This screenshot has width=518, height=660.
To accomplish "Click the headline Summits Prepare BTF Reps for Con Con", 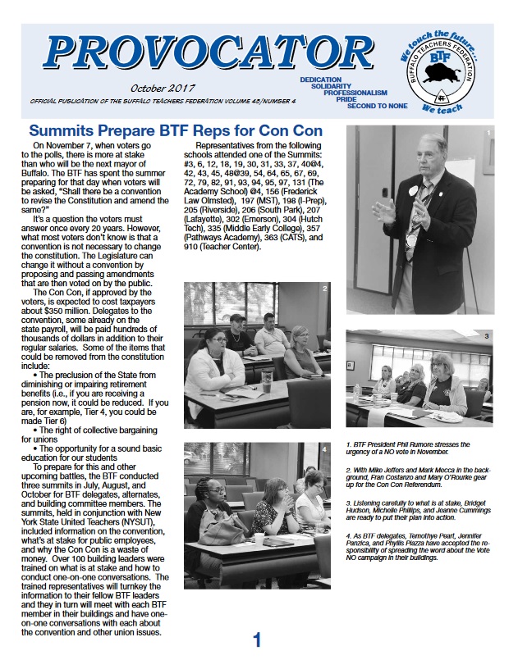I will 176,131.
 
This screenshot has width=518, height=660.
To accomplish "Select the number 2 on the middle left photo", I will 325,289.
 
